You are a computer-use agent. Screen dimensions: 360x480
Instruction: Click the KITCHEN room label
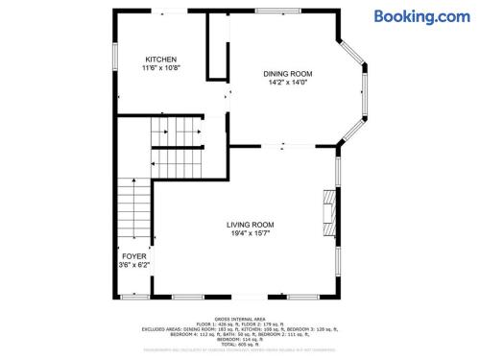(160, 60)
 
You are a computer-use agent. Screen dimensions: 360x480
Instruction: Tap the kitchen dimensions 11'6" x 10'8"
(160, 68)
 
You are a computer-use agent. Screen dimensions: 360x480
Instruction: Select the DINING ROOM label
(288, 73)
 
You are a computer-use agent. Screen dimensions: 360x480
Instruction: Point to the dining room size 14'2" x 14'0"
(288, 82)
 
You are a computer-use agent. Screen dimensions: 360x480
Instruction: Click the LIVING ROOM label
(250, 224)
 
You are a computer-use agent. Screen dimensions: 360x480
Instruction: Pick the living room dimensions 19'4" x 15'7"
(250, 232)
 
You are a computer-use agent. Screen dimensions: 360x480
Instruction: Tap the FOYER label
(134, 256)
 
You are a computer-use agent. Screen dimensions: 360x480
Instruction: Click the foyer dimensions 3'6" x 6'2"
(134, 265)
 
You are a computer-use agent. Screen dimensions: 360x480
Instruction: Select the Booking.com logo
(421, 15)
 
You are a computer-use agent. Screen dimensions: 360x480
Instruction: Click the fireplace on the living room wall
(329, 208)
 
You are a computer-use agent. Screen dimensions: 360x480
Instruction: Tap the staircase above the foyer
(134, 211)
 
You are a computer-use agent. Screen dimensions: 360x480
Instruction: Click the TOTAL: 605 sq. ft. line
(239, 344)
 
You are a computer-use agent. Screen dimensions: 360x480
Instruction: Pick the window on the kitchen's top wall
(173, 11)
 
